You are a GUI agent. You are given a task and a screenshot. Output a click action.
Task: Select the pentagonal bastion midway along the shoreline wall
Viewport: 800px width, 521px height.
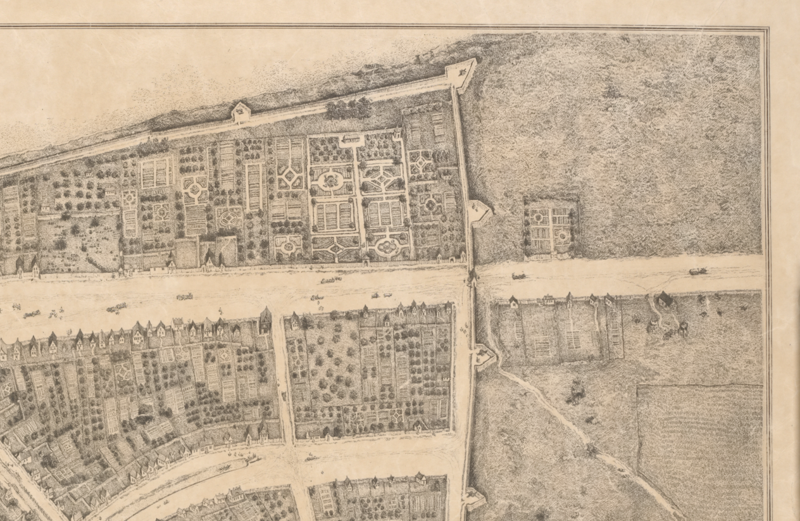241,113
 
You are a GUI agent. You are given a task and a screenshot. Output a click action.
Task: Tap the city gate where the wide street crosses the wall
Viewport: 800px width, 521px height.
472,277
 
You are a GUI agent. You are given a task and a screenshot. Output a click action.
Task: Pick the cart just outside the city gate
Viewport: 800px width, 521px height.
518,276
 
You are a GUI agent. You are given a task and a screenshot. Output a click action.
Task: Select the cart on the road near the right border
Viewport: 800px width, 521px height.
697,271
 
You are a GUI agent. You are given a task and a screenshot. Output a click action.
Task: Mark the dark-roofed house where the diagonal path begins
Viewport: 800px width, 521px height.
664,299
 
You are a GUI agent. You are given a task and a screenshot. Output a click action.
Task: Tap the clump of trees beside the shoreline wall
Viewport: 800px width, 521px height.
348,109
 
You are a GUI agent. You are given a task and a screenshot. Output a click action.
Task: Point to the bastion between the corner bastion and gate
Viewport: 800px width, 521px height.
479,211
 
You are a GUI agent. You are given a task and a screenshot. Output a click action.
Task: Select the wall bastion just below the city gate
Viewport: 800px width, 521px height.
484,356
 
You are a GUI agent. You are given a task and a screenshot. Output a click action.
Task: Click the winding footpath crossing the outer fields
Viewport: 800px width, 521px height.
570,418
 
